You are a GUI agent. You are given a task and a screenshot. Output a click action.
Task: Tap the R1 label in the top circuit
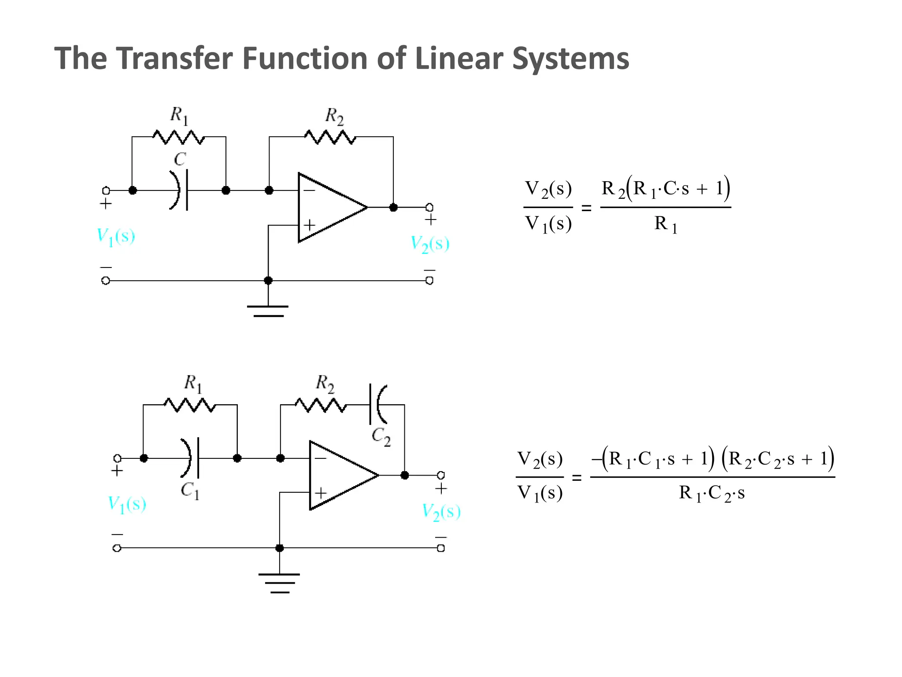(x=179, y=115)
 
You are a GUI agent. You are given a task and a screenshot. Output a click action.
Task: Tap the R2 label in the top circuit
(x=334, y=116)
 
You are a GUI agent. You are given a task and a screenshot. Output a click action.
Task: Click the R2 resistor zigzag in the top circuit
(x=330, y=137)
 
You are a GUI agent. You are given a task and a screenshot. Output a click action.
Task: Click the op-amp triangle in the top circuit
(x=328, y=207)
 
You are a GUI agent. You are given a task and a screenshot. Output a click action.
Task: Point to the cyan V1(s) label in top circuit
(x=116, y=237)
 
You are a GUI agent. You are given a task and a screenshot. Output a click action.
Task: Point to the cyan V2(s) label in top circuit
(x=430, y=244)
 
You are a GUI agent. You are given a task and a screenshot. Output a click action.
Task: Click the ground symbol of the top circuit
(x=268, y=311)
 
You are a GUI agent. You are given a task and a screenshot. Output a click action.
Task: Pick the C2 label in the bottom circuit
(x=381, y=436)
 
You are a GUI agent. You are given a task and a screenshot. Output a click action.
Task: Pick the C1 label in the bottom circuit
(x=190, y=490)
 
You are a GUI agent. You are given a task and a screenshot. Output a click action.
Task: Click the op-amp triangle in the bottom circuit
(x=339, y=475)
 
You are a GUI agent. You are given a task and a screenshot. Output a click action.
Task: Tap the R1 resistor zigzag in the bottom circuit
(x=190, y=405)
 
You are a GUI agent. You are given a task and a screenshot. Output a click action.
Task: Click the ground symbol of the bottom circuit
(x=279, y=583)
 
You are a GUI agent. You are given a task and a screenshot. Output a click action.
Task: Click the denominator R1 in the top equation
(x=665, y=224)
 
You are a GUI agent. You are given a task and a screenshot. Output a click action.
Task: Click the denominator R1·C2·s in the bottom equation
(x=711, y=493)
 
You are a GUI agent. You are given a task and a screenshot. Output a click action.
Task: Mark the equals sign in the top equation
(x=586, y=208)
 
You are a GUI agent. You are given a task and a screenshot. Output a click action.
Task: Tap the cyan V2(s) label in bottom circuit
(x=441, y=512)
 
